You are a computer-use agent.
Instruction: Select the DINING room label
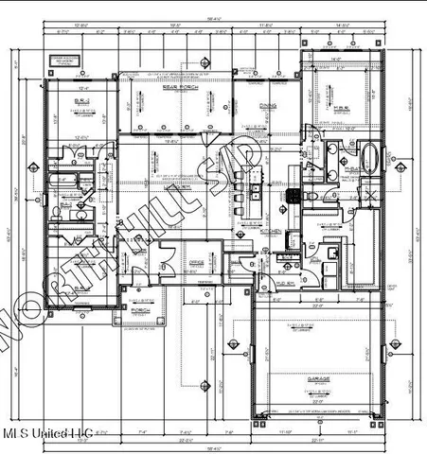tap(269, 106)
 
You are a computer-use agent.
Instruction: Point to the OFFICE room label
tap(197, 262)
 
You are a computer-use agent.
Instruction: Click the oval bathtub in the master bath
tap(370, 154)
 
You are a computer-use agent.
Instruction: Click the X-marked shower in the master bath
tap(371, 197)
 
